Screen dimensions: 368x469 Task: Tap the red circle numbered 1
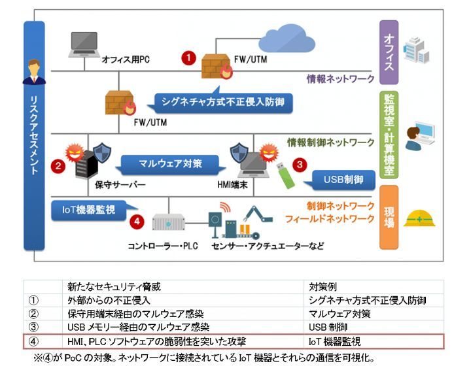189,58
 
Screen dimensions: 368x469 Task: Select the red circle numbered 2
59,166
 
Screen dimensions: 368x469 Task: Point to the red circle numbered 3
300,165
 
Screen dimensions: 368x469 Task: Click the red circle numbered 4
136,221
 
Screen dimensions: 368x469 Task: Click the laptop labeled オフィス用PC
84,44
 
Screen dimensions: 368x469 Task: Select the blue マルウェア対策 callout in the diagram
170,162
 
